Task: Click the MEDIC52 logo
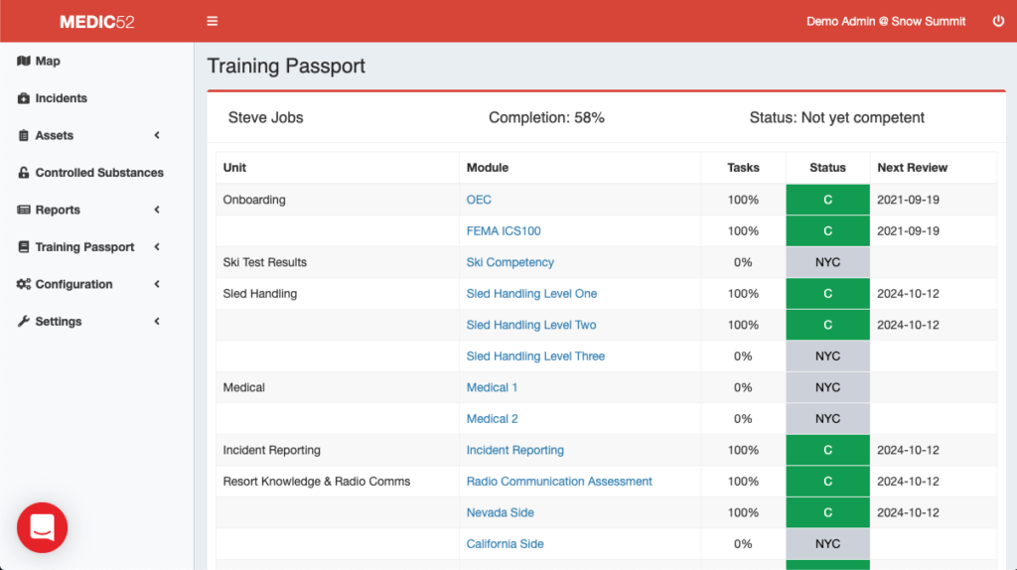[96, 21]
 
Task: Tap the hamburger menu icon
[212, 21]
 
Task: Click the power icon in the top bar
[998, 21]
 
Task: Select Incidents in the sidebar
[61, 98]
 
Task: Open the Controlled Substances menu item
[98, 173]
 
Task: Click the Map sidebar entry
[47, 62]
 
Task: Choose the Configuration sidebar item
[73, 284]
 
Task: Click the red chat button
[42, 527]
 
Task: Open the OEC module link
[479, 200]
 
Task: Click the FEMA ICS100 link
[504, 231]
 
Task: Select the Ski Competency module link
[509, 262]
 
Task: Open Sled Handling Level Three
[535, 356]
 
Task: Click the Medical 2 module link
[492, 419]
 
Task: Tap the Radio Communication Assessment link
[559, 482]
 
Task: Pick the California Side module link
[505, 544]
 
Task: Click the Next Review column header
[912, 168]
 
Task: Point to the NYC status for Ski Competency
[827, 262]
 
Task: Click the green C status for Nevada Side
[827, 512]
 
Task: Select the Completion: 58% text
[546, 117]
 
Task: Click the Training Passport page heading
[286, 67]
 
